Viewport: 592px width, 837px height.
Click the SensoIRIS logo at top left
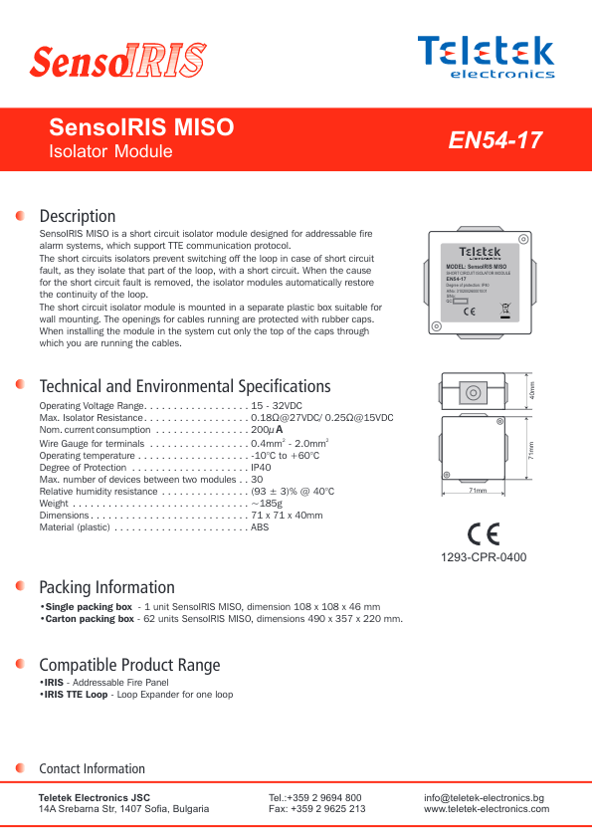[116, 61]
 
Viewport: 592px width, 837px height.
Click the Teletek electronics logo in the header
[486, 56]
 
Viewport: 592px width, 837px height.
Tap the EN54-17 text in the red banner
[495, 140]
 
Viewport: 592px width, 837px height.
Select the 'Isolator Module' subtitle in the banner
[110, 152]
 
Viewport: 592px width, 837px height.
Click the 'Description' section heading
[77, 216]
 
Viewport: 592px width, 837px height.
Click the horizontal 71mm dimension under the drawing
[478, 491]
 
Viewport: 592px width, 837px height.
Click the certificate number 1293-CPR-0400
[484, 556]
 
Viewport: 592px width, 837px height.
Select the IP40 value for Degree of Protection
[261, 467]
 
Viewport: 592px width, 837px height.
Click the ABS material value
[260, 527]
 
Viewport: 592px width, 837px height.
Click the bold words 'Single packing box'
[89, 606]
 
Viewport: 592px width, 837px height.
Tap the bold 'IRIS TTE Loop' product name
[76, 694]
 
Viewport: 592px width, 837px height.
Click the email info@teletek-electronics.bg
[484, 797]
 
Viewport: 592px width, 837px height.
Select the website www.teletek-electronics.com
[487, 809]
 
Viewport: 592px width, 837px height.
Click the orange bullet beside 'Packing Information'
[21, 586]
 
